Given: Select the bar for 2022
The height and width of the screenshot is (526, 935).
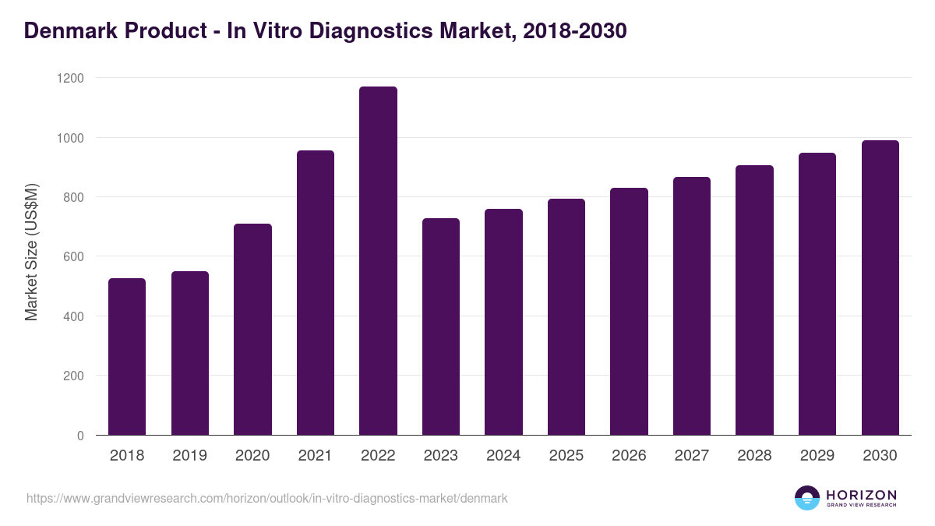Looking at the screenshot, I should click(378, 261).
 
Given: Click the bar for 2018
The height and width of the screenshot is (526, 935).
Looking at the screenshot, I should click(127, 357).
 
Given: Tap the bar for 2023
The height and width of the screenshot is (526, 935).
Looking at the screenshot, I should click(441, 327).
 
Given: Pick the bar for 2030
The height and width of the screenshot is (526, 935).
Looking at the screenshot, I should click(880, 288).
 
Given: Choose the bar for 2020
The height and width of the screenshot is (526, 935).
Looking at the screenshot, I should click(252, 330).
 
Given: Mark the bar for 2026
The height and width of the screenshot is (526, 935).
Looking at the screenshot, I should click(629, 312).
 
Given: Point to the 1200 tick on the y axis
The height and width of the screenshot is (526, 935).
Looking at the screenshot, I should click(70, 79).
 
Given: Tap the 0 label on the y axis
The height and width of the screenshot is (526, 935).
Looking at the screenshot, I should click(80, 436).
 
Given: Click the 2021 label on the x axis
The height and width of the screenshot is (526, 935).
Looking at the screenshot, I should click(316, 456).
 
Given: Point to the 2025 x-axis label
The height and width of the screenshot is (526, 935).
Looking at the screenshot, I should click(566, 456).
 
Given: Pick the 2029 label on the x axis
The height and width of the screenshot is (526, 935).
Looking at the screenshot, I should click(817, 456).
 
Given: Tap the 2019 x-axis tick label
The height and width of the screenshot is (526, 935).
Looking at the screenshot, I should click(190, 456).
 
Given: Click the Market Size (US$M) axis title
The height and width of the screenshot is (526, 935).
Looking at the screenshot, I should click(31, 252).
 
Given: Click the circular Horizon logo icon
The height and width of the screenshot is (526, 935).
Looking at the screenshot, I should click(807, 498).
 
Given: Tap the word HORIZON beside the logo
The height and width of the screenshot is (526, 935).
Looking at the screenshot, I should click(861, 494).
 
